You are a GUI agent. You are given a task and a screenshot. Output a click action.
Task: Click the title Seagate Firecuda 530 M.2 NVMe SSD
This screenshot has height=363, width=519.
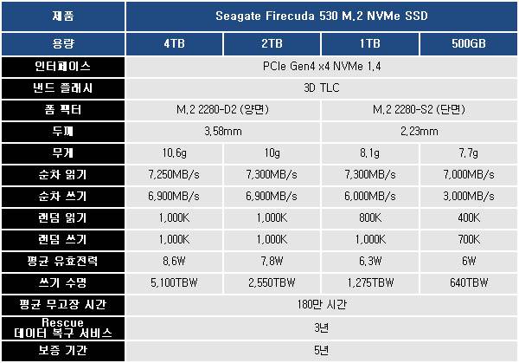321,16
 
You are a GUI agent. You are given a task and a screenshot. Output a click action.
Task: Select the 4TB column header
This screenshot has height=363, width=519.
175,43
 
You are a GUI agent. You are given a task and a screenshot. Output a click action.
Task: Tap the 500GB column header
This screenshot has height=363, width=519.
467,43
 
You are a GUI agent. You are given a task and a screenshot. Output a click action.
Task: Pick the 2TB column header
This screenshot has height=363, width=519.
272,43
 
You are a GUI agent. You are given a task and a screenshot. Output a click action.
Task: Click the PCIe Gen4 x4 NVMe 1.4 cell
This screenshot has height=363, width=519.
321,67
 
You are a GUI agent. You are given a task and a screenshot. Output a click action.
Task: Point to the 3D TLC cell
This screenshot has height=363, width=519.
321,88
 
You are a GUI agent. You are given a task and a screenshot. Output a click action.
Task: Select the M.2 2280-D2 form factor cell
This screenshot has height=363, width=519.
223,110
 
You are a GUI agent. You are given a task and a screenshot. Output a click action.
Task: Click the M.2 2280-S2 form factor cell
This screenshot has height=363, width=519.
419,110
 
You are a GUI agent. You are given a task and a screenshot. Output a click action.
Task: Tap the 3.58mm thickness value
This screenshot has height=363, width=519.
223,132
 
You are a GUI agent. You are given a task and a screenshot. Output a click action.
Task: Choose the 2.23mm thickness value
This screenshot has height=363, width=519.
419,132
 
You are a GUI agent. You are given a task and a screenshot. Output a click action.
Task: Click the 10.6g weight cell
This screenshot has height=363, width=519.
175,153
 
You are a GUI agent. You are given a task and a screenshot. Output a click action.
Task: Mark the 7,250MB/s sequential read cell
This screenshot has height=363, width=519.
175,175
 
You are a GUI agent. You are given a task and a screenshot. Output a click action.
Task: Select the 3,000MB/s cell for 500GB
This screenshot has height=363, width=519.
467,197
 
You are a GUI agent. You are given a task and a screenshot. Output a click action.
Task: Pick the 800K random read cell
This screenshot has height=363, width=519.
370,218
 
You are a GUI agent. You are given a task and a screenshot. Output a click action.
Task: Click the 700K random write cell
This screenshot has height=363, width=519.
467,240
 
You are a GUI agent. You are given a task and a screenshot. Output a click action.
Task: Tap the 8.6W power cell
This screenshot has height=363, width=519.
175,262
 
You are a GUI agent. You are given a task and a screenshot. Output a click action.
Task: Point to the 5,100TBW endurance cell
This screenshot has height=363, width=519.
175,283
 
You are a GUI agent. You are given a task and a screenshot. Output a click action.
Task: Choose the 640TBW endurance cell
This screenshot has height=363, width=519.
467,283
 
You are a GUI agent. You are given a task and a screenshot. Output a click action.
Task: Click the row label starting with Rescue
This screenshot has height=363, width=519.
64,327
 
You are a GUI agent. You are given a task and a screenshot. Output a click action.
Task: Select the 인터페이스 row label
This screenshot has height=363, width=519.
64,67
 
